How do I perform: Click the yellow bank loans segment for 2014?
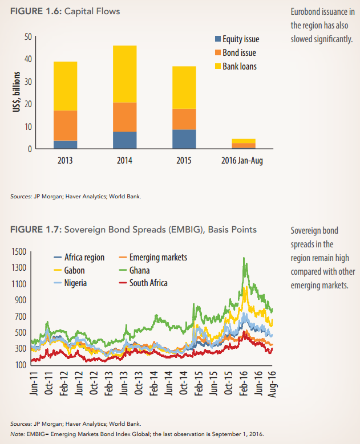(x=124, y=74)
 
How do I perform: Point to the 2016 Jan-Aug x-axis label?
(x=242, y=161)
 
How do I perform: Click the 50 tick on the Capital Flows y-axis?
(x=28, y=37)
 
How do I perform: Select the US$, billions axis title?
(x=17, y=92)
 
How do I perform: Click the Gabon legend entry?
(x=74, y=270)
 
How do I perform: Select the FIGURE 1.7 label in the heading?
(x=33, y=230)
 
